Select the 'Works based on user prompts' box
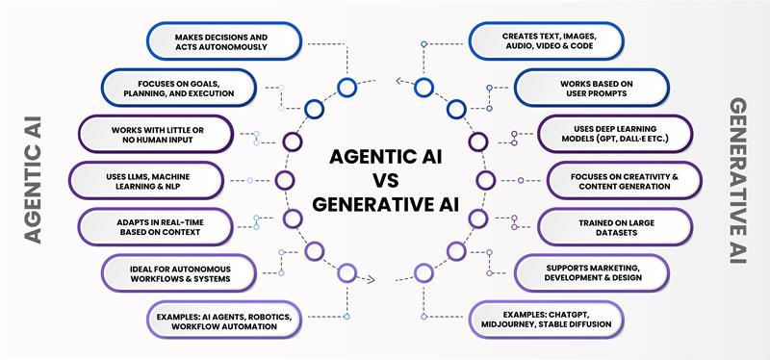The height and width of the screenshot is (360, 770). pos(585,89)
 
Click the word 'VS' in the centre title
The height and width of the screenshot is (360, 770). pos(386,180)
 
